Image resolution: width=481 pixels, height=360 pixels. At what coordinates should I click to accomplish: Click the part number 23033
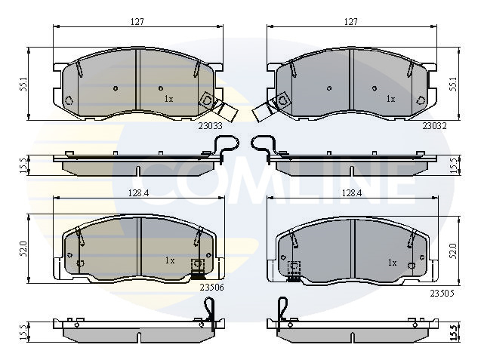click(210, 126)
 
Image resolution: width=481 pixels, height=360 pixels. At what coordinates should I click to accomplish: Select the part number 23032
click(435, 126)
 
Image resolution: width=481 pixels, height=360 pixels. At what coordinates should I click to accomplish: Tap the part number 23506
click(211, 288)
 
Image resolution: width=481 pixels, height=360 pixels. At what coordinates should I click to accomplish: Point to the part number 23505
click(442, 294)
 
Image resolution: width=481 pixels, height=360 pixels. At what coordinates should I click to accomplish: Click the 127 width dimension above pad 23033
click(137, 22)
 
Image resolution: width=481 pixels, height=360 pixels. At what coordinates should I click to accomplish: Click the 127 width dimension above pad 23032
click(351, 22)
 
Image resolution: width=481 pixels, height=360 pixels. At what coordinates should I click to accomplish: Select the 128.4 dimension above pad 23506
click(138, 193)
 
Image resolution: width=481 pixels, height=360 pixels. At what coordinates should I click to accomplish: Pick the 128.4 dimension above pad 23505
click(352, 193)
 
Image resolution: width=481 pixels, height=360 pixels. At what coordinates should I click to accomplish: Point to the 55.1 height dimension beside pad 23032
click(453, 84)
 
